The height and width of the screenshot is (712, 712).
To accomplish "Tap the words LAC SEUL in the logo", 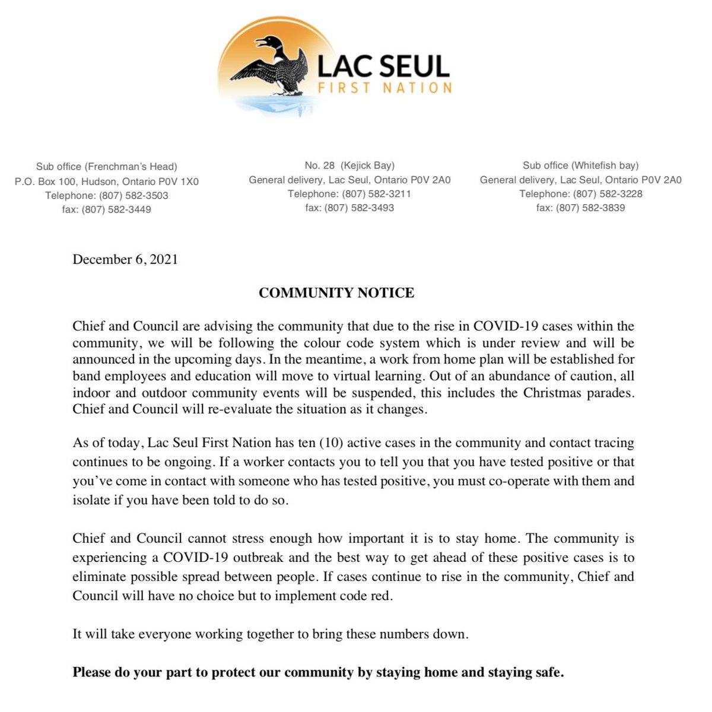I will pyautogui.click(x=383, y=66).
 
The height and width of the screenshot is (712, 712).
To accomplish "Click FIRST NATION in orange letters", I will pyautogui.click(x=384, y=88).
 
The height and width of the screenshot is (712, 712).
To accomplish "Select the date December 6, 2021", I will pyautogui.click(x=125, y=259).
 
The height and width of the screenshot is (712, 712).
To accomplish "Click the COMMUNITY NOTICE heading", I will pyautogui.click(x=336, y=293).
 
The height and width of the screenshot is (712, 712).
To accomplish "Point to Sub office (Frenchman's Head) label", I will pyautogui.click(x=106, y=167).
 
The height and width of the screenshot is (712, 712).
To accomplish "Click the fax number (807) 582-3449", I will pyautogui.click(x=116, y=209).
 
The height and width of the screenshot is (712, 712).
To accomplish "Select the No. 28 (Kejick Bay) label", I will pyautogui.click(x=349, y=166).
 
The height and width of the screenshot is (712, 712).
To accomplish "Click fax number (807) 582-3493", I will pyautogui.click(x=359, y=208).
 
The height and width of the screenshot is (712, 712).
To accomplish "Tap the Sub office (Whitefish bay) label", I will pyautogui.click(x=580, y=166).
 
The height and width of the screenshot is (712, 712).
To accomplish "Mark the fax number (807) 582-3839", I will pyautogui.click(x=590, y=208).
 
